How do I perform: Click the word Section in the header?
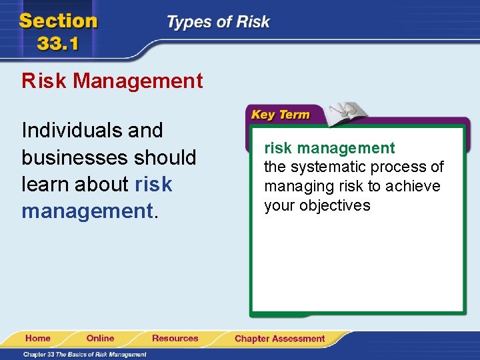coord(58,21)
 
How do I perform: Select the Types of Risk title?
coord(218,22)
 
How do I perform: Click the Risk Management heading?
coord(112,81)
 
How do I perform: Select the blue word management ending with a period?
coord(87,211)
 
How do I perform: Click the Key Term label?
coord(280,115)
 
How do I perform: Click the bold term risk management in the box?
coord(329,148)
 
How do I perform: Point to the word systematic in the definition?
coord(325,167)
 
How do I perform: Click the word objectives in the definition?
coord(335,205)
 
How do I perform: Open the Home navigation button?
coord(37,339)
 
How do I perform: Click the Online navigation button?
coord(100,339)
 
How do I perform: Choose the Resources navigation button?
coord(175,339)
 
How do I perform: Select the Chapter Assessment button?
coord(279,339)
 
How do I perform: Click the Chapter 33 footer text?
coord(85,354)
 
